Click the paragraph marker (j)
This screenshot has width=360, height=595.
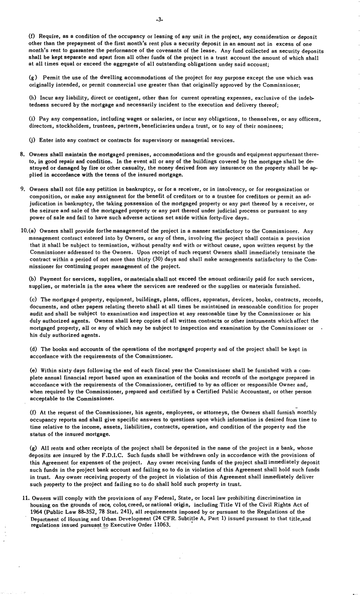33,140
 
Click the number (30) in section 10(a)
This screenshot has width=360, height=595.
158,259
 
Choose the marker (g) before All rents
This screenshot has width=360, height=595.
33,448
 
